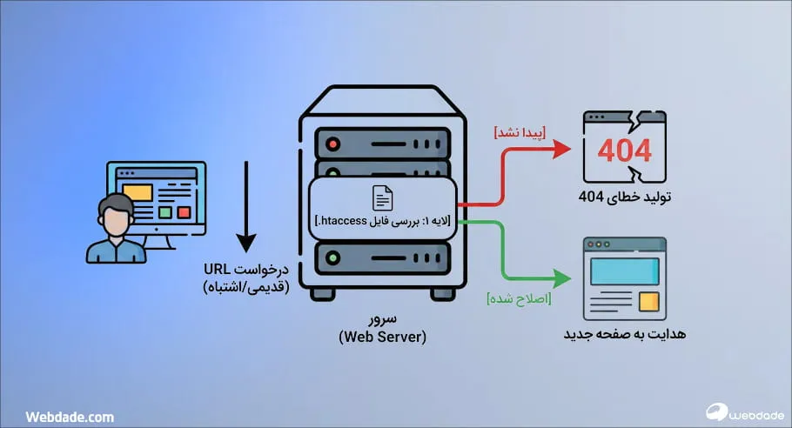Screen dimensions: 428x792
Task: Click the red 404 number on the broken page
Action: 624,150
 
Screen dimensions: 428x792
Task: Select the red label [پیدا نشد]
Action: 520,132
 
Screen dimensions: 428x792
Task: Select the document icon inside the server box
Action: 383,198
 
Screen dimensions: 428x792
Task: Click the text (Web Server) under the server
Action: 382,337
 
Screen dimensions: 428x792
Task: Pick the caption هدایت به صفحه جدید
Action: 624,333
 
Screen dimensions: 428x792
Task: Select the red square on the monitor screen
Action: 183,211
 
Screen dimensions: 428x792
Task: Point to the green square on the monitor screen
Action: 165,211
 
